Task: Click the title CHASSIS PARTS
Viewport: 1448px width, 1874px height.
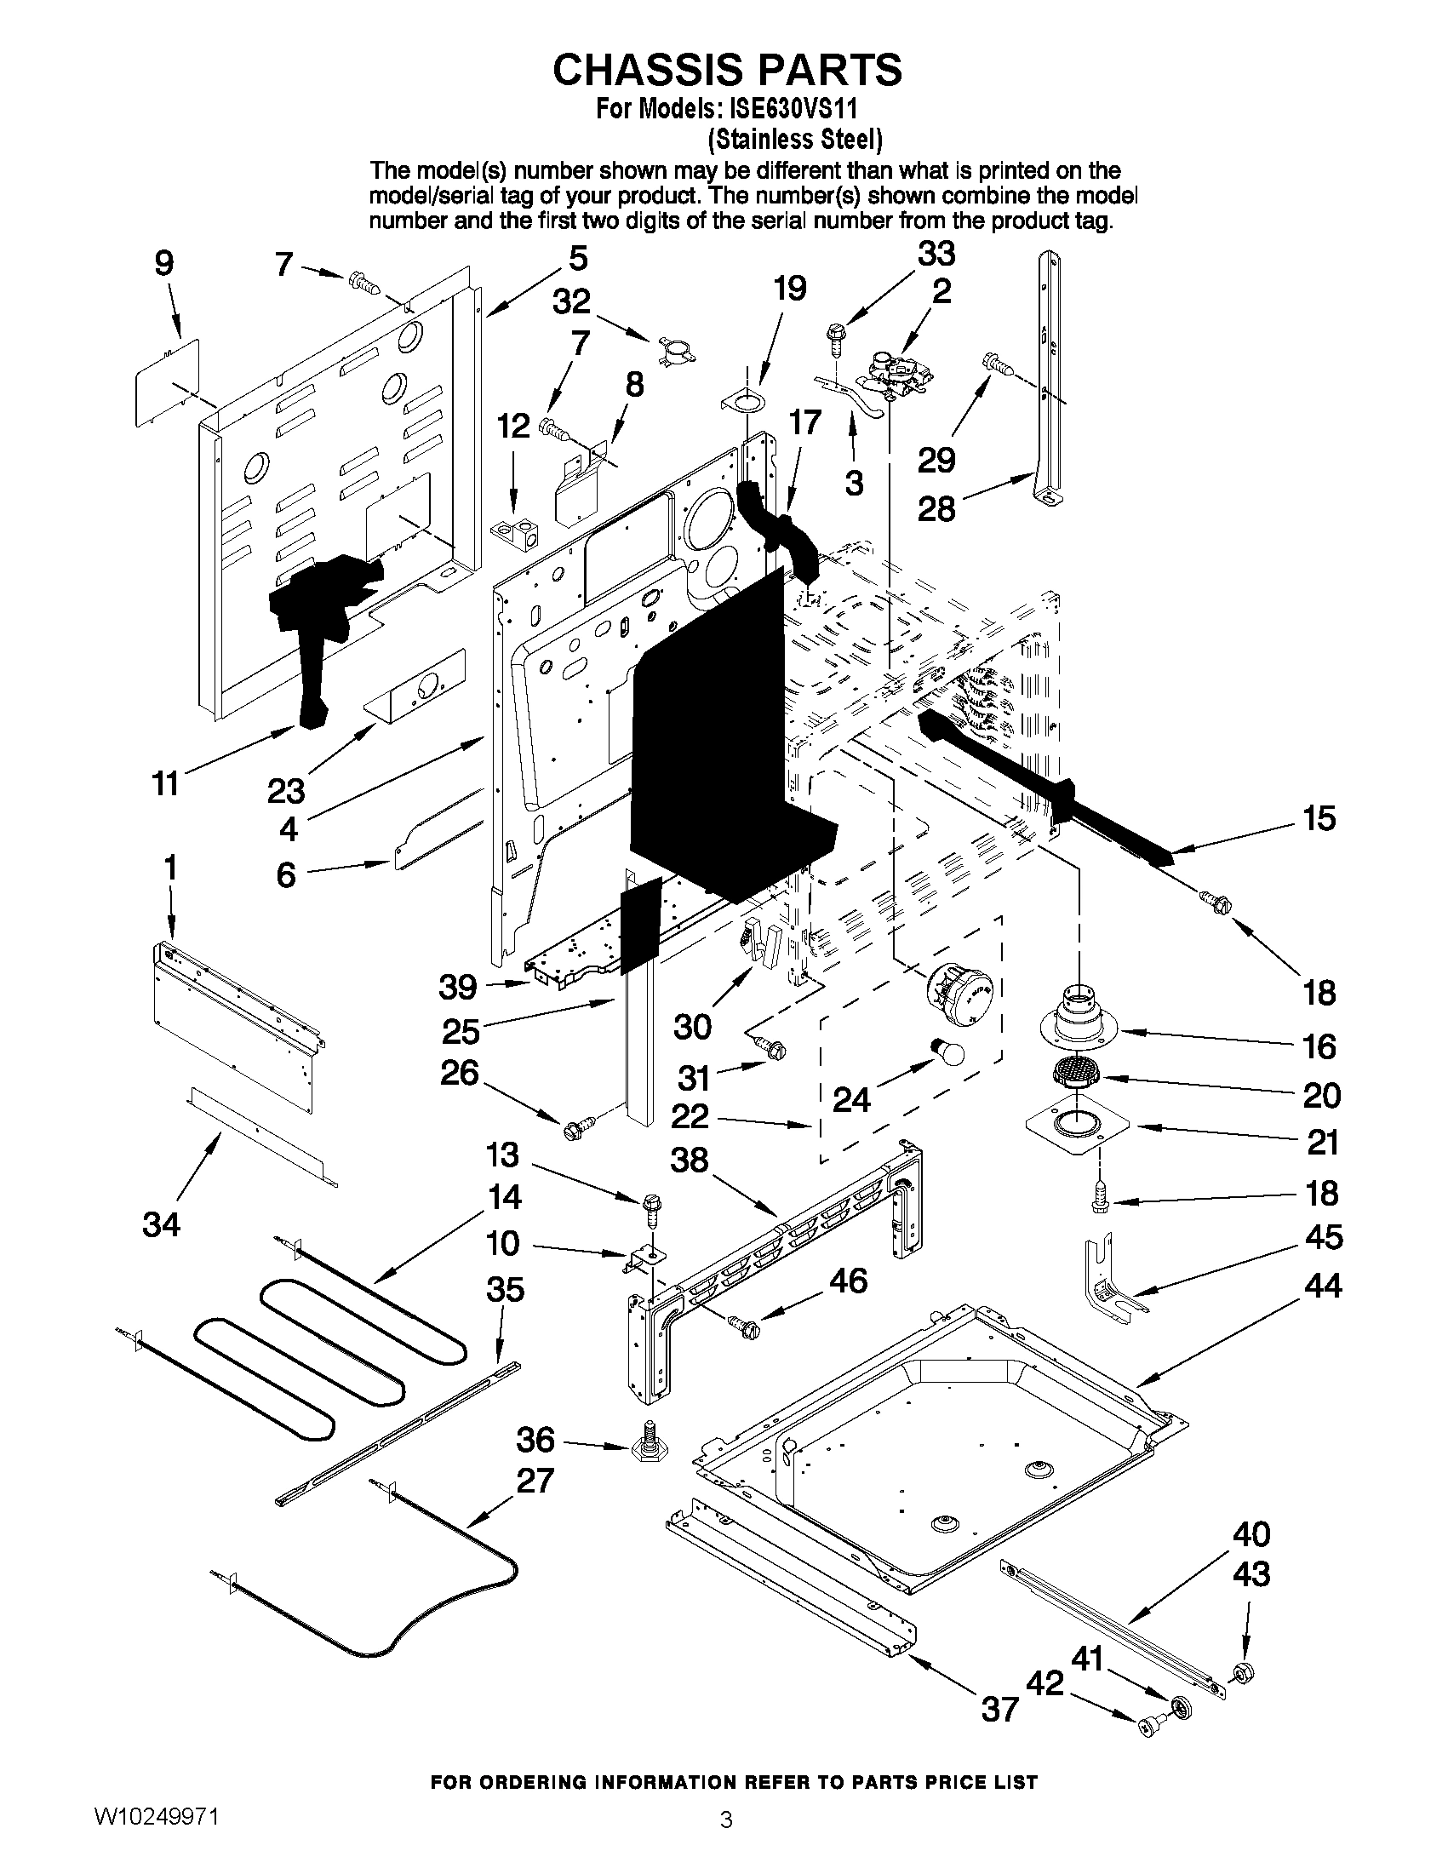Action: pyautogui.click(x=727, y=70)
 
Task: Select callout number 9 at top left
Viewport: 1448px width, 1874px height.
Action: pyautogui.click(x=163, y=263)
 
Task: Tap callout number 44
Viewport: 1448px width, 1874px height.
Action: pyautogui.click(x=1322, y=1286)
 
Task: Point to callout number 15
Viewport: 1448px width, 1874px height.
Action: pyautogui.click(x=1319, y=818)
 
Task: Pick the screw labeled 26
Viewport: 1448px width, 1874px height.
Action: pyautogui.click(x=575, y=1129)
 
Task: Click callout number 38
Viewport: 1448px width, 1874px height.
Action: pyautogui.click(x=690, y=1161)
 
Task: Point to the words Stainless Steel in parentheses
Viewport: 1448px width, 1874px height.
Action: pyautogui.click(x=795, y=138)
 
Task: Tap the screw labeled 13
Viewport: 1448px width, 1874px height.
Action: pyautogui.click(x=649, y=1204)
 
